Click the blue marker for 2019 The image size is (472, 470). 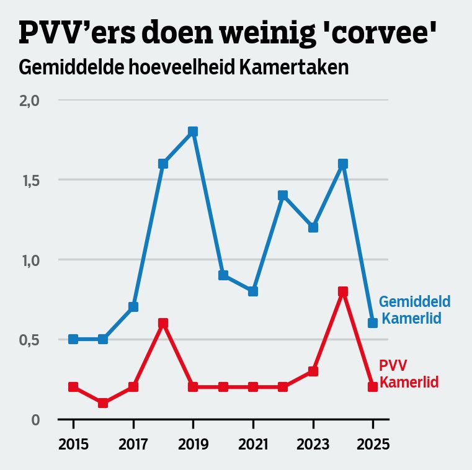193,131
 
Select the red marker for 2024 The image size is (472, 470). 343,291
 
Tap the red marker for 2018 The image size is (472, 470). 163,323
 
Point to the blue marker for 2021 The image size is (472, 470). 253,291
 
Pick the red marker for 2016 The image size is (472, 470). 103,403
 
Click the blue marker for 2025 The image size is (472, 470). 373,323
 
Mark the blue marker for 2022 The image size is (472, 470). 283,195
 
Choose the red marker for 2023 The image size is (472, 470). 313,371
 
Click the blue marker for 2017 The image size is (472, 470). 133,307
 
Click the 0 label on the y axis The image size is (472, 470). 35,420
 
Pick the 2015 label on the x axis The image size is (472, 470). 73,445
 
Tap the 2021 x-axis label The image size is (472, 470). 253,445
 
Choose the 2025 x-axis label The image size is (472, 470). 373,445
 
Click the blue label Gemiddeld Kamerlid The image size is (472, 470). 414,310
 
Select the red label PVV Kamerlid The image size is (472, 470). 408,374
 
